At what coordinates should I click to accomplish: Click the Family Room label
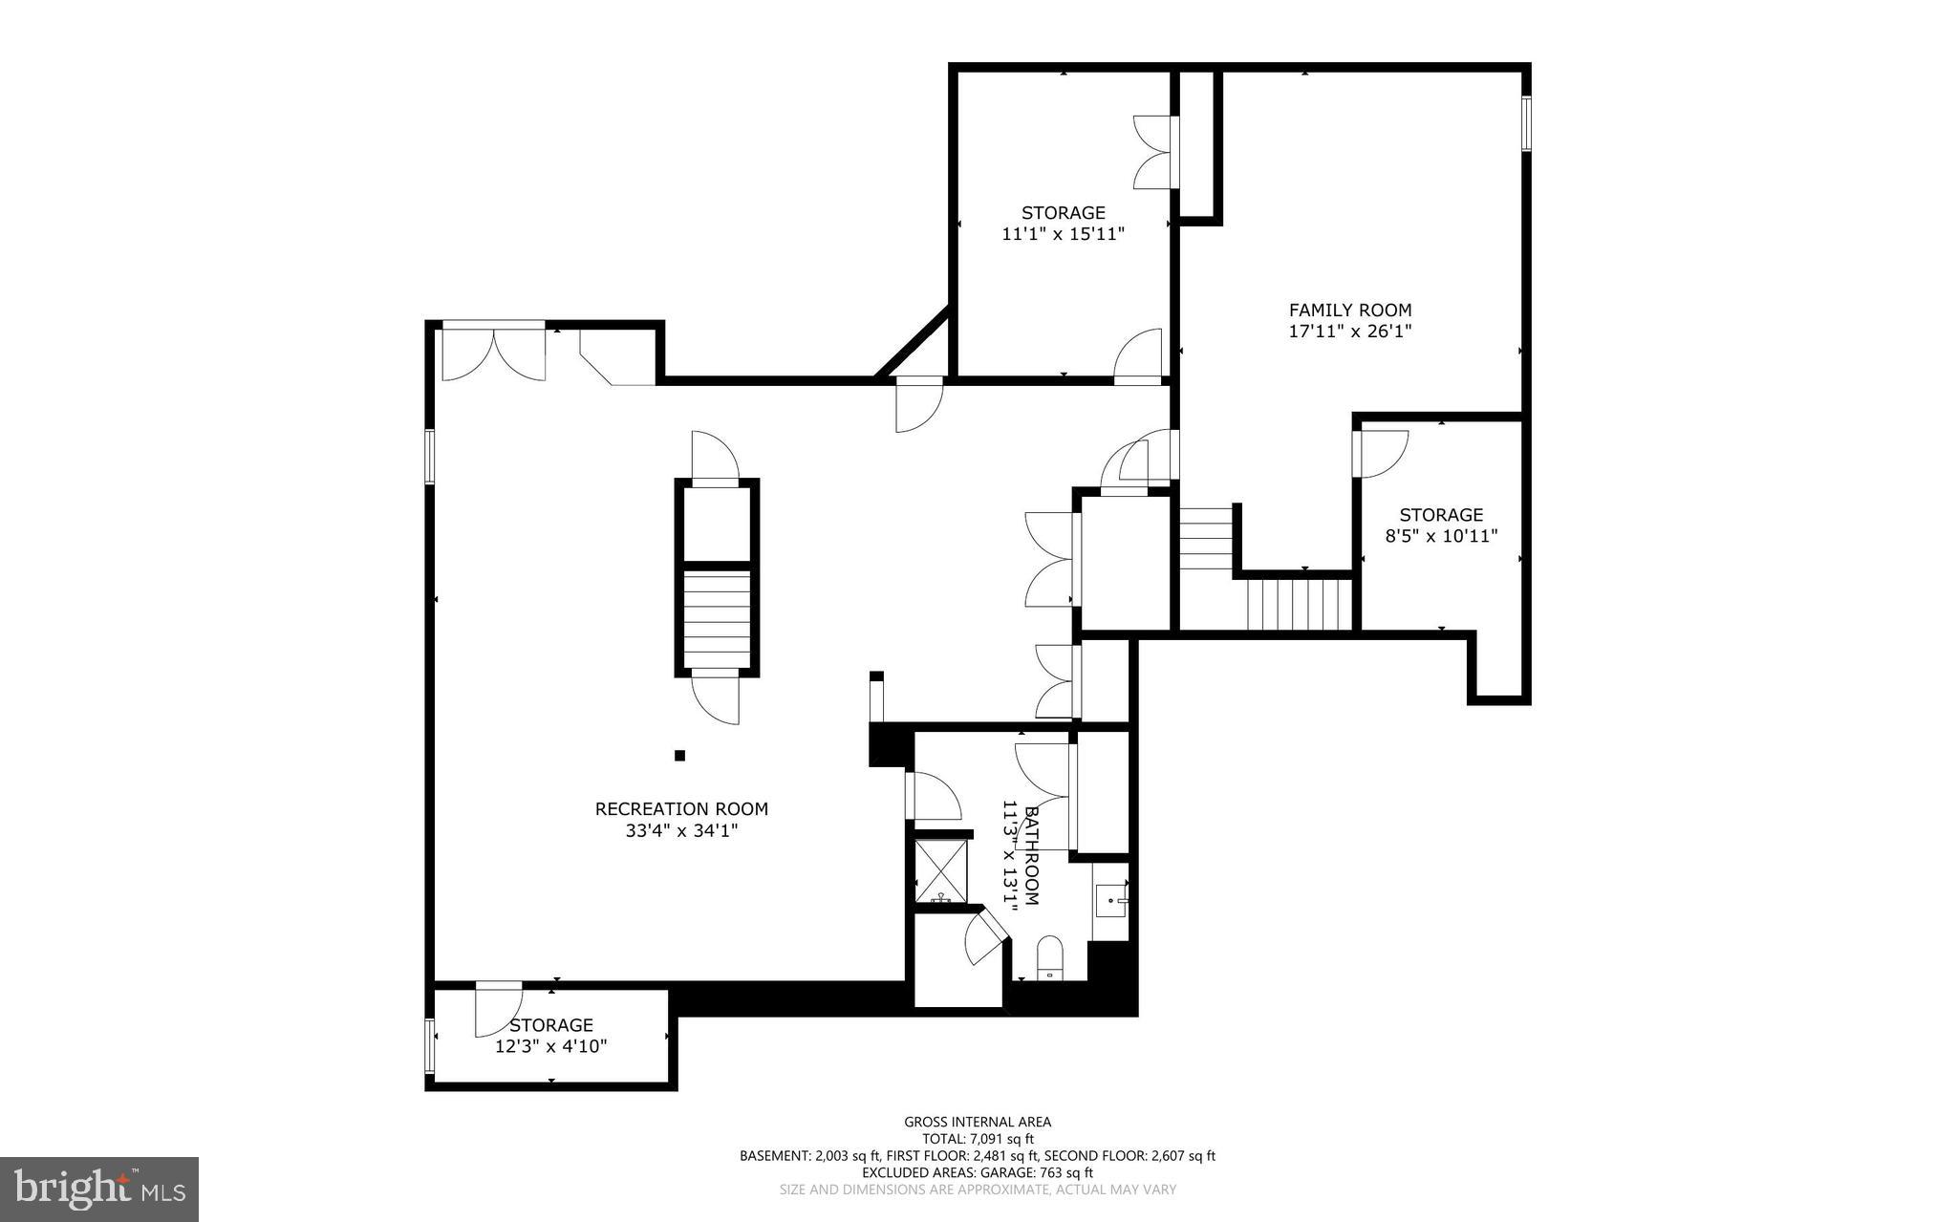[1349, 311]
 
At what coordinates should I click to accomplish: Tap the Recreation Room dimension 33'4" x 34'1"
[681, 831]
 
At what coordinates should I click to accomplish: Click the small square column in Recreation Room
[680, 756]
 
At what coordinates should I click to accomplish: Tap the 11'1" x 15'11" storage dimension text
[1063, 234]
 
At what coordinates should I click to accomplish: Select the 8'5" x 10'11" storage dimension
[1441, 537]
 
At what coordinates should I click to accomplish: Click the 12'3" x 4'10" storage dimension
[551, 1047]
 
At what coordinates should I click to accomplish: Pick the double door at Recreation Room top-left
[493, 354]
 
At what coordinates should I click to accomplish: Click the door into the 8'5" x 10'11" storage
[1381, 454]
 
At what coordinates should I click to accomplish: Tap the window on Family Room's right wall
[1526, 123]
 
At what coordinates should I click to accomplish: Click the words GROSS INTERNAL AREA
[978, 1122]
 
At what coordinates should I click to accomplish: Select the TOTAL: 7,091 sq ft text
[978, 1139]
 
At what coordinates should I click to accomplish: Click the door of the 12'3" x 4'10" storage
[497, 1009]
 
